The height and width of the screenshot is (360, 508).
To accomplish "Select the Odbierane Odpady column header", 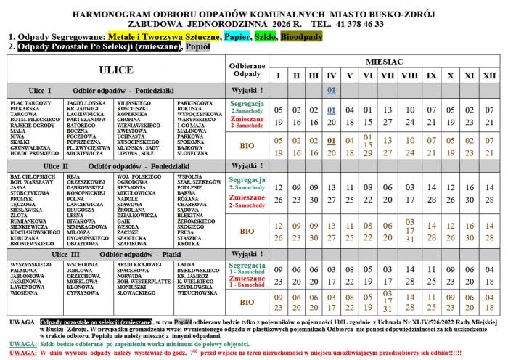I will point(246,70).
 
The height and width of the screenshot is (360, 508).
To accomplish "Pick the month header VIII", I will point(409,75).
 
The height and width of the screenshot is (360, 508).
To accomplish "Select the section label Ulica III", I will point(66,255).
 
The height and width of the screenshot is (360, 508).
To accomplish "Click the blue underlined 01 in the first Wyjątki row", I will point(331,90).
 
